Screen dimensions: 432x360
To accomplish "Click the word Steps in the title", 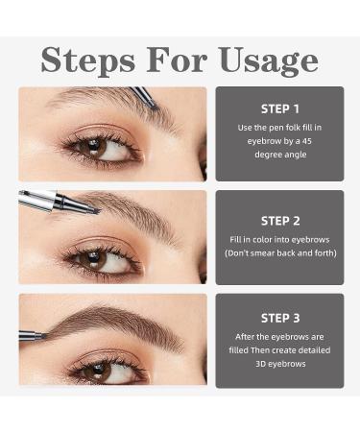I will (x=87, y=60).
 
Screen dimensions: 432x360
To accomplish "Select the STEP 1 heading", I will (x=279, y=109).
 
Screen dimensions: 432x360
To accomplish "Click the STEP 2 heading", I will (x=279, y=221).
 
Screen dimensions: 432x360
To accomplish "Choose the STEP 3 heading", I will (x=279, y=318).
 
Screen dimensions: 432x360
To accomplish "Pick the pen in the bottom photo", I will (x=32, y=335).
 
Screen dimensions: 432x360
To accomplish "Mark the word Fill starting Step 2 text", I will (x=237, y=239).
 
